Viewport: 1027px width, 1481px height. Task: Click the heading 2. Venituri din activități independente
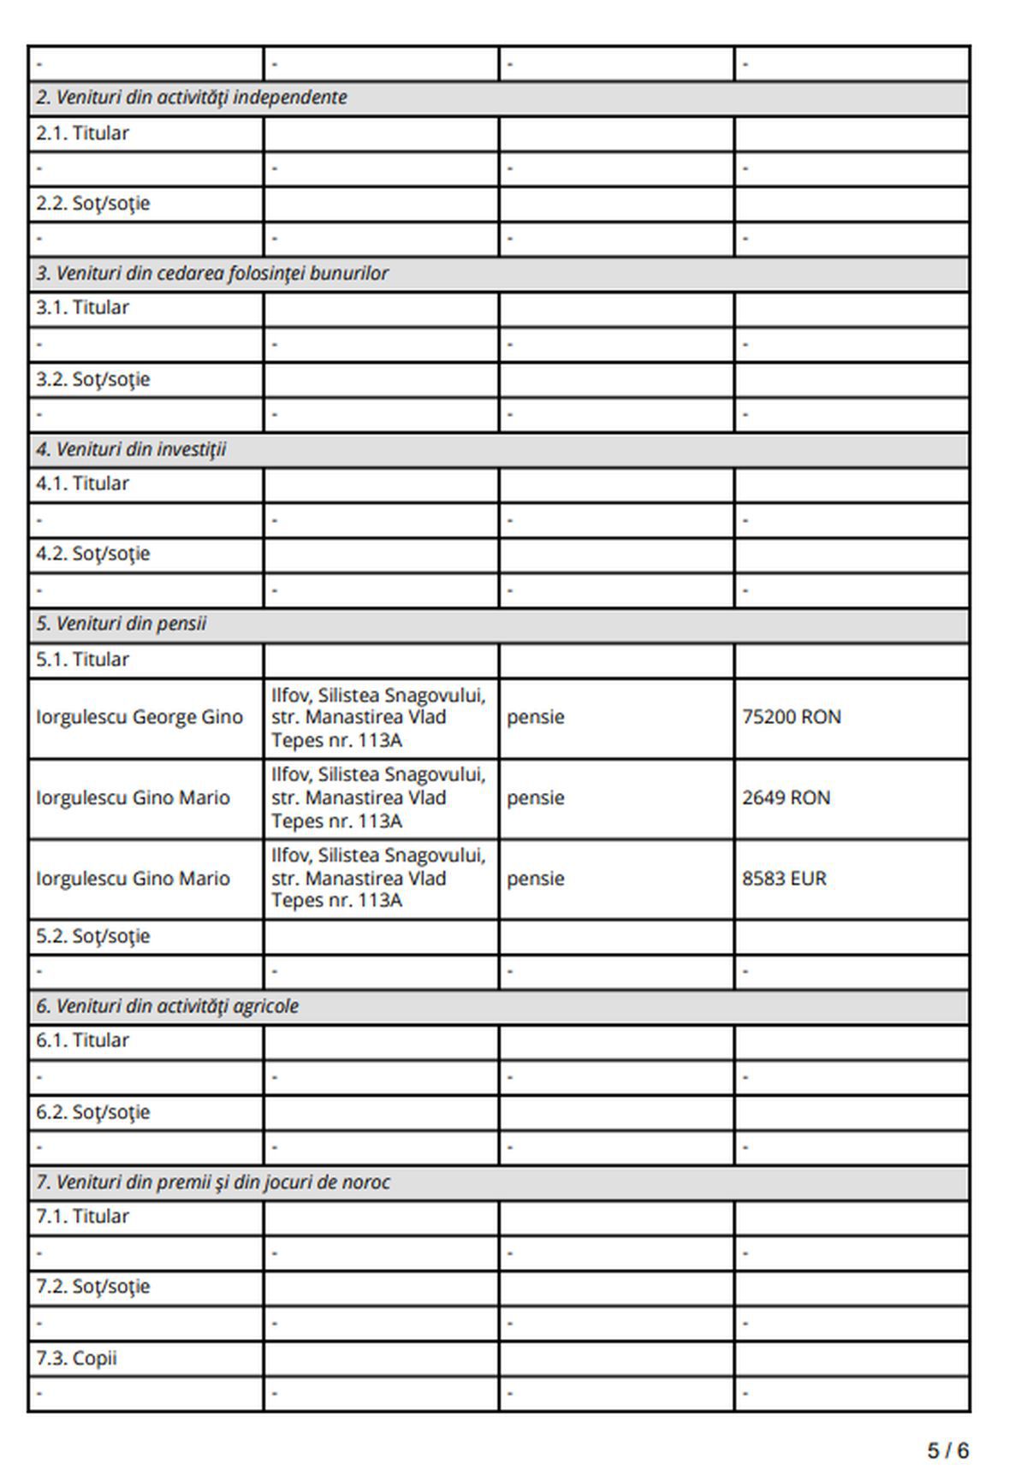(x=191, y=98)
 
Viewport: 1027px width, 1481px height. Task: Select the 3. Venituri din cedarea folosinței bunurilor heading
(x=211, y=274)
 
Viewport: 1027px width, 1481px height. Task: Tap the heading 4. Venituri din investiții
(x=131, y=450)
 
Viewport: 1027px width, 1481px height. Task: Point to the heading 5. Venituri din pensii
(x=121, y=625)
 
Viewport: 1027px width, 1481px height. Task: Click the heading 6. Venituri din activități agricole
(x=167, y=1006)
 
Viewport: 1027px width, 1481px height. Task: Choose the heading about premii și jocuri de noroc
(x=212, y=1182)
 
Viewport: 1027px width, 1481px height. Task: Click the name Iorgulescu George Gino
(x=139, y=717)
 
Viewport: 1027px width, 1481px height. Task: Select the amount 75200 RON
(x=791, y=717)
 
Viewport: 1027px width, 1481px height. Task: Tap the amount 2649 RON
(x=786, y=798)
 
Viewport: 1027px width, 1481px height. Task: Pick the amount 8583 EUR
(x=784, y=879)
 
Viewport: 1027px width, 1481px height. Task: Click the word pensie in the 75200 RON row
(x=535, y=717)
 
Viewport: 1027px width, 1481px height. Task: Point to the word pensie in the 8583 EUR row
(x=535, y=879)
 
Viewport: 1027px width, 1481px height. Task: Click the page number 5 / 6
(x=947, y=1451)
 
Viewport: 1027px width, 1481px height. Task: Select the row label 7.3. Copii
(x=76, y=1359)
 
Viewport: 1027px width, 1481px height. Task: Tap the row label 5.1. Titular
(x=82, y=660)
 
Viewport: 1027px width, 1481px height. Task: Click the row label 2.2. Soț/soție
(x=92, y=204)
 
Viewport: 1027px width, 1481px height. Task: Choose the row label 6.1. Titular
(x=82, y=1040)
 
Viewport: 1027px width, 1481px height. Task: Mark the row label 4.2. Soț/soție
(x=92, y=554)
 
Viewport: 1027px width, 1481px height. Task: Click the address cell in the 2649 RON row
(x=378, y=798)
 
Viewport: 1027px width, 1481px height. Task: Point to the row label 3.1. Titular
(x=82, y=308)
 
